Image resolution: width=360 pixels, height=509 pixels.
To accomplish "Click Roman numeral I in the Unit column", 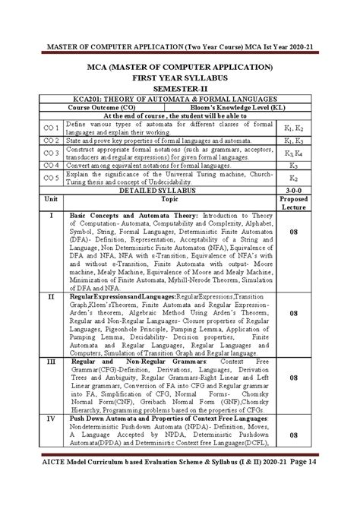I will pos(52,216).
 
